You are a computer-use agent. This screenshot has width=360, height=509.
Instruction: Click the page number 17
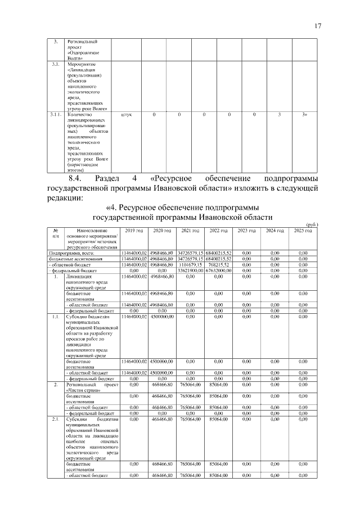pos(317,26)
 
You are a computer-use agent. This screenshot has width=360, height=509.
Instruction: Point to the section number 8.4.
pos(75,179)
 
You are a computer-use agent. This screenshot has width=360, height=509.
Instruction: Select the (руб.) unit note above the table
pos(311,224)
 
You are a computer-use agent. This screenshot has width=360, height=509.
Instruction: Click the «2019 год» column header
pos(134,231)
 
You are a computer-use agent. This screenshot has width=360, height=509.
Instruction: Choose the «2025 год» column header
pos(303,231)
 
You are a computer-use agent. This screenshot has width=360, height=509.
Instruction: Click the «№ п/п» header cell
pos(56,233)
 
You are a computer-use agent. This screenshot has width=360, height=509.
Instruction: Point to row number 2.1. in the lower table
pos(56,419)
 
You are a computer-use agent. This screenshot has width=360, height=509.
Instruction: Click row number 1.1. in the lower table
pos(56,317)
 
